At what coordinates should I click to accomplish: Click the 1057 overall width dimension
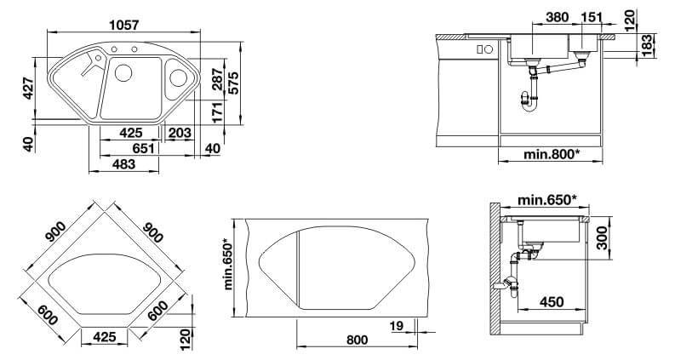point(124,25)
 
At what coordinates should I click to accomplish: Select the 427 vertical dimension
point(29,89)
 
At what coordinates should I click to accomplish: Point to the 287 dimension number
point(218,79)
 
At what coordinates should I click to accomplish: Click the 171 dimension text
point(218,112)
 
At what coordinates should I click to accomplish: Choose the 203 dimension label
point(180,133)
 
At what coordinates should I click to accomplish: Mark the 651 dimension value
point(143,149)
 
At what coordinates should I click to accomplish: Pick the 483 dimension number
point(123,164)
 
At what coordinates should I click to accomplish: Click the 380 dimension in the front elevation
point(557,17)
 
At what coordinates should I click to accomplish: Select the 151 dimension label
point(591,17)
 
